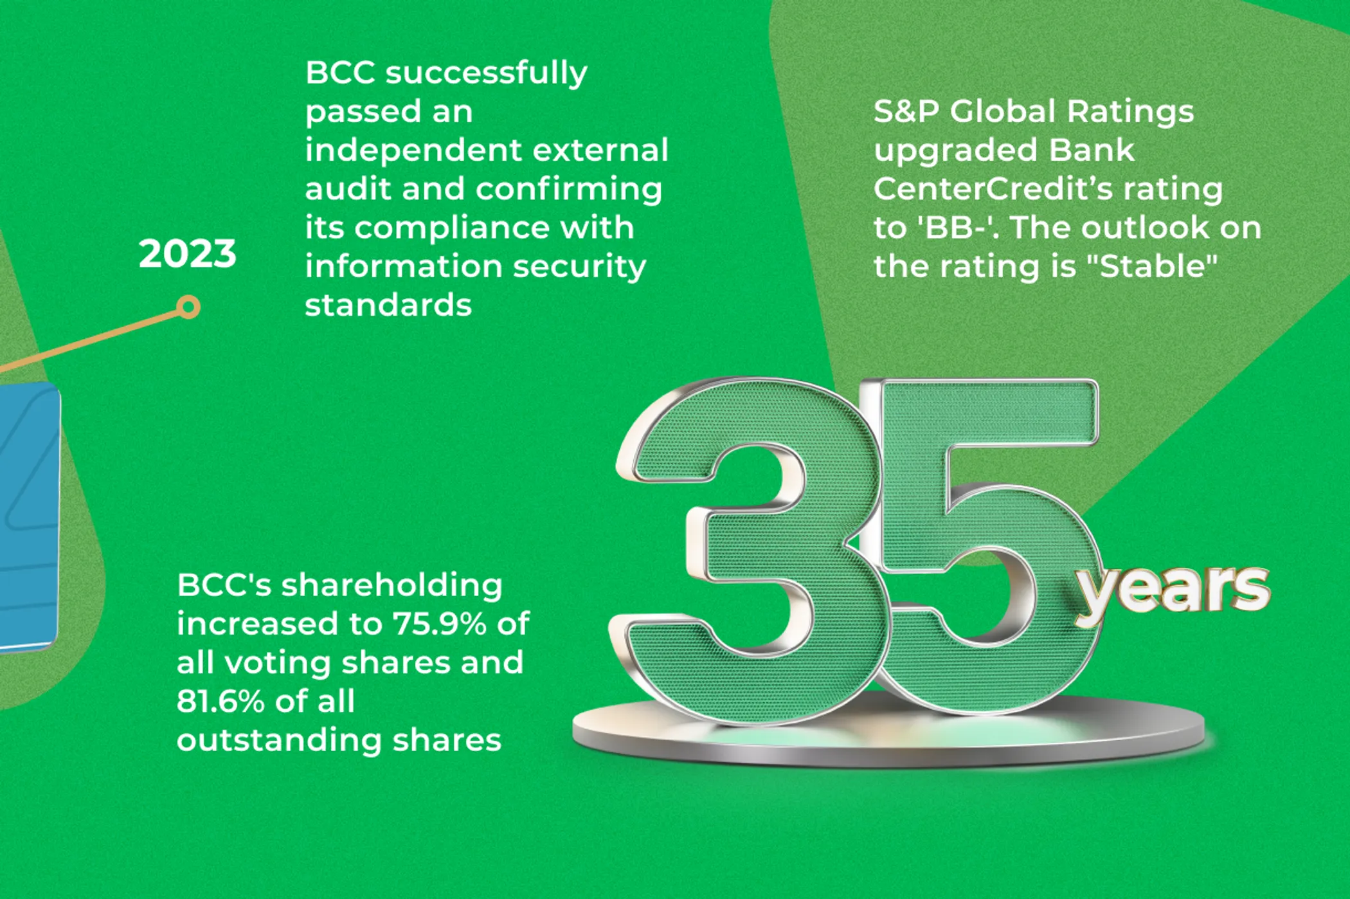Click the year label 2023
[188, 253]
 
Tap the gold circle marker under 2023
[188, 307]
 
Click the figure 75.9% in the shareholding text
[439, 624]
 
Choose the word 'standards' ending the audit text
[388, 305]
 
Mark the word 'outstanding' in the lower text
[280, 741]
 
